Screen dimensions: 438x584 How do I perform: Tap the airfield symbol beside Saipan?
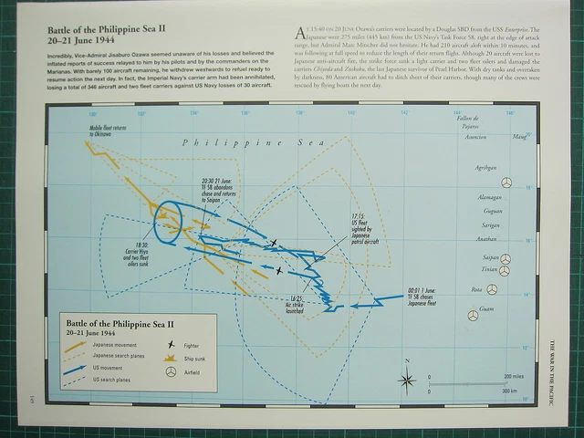506,259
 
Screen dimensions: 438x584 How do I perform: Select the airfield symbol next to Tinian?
506,271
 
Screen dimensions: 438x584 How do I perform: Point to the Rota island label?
474,289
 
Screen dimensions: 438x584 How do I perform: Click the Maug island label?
519,138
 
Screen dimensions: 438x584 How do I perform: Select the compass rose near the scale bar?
408,380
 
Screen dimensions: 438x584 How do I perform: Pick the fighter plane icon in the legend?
171,345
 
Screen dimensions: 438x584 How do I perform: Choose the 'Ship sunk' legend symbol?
171,359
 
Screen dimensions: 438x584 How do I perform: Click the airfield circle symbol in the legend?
171,373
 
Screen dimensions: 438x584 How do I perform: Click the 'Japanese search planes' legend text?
113,357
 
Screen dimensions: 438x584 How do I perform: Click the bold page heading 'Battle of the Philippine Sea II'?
107,30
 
